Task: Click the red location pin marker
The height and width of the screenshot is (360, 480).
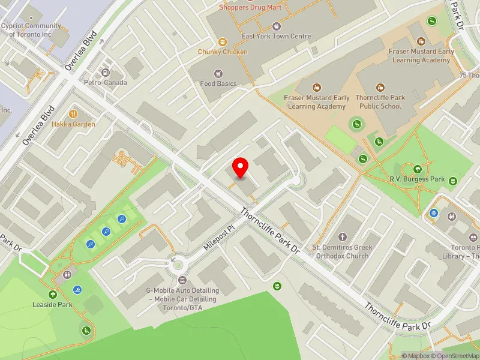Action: (x=241, y=167)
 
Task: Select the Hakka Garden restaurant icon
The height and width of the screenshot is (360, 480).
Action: (x=73, y=113)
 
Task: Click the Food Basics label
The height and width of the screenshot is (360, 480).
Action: (x=218, y=84)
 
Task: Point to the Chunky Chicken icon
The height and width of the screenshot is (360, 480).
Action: (x=223, y=41)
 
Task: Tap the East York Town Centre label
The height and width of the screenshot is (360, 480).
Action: (x=276, y=37)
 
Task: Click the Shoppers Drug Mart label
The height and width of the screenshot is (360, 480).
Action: (x=250, y=7)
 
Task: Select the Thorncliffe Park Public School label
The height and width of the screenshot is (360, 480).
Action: (x=380, y=102)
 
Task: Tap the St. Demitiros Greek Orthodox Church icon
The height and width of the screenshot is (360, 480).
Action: (x=343, y=237)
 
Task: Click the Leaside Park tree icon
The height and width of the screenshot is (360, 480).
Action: (x=53, y=294)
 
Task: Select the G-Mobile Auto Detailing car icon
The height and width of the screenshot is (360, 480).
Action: (x=183, y=280)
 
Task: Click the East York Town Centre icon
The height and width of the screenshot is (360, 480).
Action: (x=276, y=26)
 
